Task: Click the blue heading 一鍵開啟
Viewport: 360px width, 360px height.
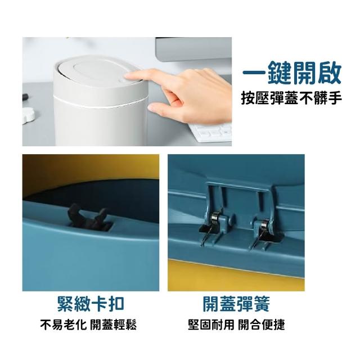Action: (x=292, y=73)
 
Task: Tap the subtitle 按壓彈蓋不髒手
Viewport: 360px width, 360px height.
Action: (x=291, y=98)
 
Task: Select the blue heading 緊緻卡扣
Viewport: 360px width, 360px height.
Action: (x=91, y=304)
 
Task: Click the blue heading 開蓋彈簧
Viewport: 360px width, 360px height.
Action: (x=236, y=304)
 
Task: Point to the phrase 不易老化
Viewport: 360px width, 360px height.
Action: (x=64, y=325)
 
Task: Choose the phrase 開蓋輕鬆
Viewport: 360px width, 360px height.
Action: (x=113, y=325)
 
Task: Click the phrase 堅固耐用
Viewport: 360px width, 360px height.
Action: (x=211, y=325)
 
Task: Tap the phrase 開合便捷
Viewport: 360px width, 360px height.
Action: (x=261, y=325)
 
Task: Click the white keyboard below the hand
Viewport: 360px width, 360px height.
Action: (x=211, y=134)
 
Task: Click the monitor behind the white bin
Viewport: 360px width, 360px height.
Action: (x=193, y=49)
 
